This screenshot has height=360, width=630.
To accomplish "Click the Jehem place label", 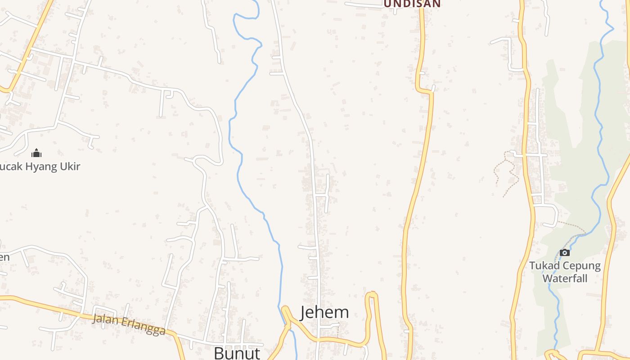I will (324, 312).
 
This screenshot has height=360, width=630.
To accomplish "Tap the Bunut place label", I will (237, 353).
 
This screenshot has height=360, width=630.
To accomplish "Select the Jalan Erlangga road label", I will (129, 324).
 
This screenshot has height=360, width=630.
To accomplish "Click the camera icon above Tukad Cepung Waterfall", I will (564, 253).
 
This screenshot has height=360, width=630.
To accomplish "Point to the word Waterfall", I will (565, 278).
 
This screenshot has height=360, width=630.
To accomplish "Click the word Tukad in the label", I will (543, 265).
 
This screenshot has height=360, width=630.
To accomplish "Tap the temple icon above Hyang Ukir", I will (36, 153).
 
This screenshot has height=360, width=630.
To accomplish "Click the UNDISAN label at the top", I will (412, 4).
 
